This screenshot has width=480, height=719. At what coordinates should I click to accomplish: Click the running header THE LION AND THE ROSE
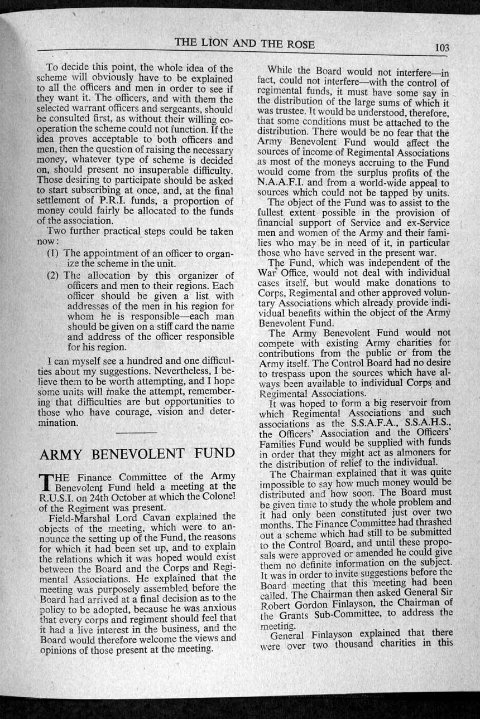coord(244,43)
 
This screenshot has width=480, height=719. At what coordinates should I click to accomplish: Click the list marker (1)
coord(54,254)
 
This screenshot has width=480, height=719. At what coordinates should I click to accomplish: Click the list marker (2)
coord(54,275)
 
